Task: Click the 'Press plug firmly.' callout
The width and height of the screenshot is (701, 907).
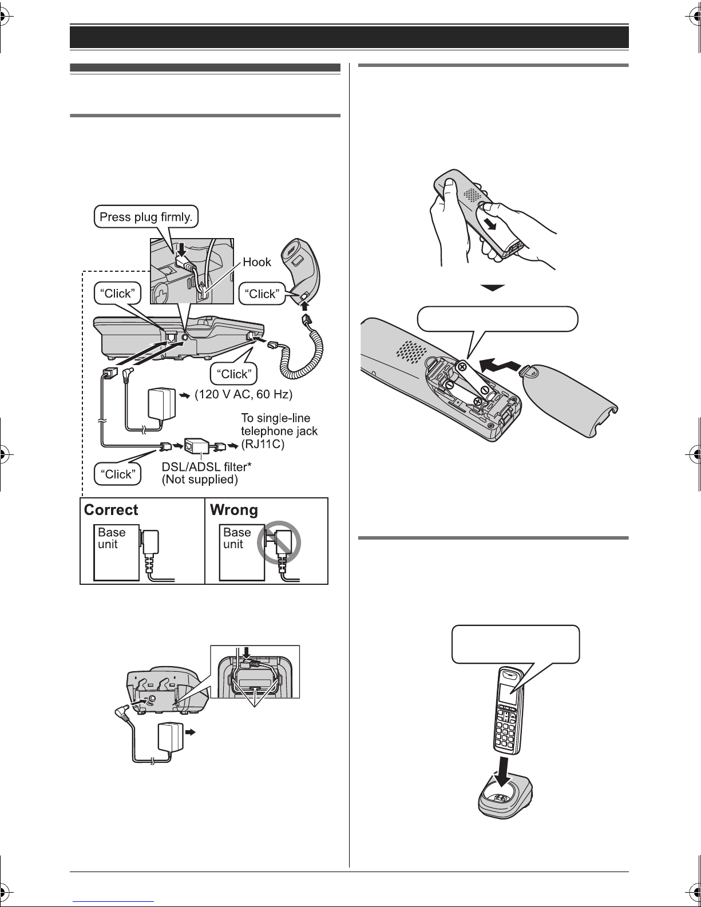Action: pos(146,217)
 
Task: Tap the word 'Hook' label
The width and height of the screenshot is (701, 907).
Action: pos(256,262)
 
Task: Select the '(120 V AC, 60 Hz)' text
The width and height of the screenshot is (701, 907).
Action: pos(244,394)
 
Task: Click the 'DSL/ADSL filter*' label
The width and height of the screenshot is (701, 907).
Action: pos(207,466)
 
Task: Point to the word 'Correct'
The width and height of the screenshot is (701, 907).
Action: pos(110,510)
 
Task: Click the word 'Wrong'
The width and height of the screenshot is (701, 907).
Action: pos(233,510)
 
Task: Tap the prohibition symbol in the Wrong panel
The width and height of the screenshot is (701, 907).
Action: pos(279,542)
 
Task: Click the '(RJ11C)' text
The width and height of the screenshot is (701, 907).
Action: pos(263,443)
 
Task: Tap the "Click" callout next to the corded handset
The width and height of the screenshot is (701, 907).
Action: pos(262,294)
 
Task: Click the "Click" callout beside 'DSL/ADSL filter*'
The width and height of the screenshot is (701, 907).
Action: pos(118,474)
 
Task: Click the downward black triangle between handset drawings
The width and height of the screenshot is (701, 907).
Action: pos(493,288)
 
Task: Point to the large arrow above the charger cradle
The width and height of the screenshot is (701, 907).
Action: pos(505,767)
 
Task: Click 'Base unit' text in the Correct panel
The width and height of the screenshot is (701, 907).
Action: pos(112,538)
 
